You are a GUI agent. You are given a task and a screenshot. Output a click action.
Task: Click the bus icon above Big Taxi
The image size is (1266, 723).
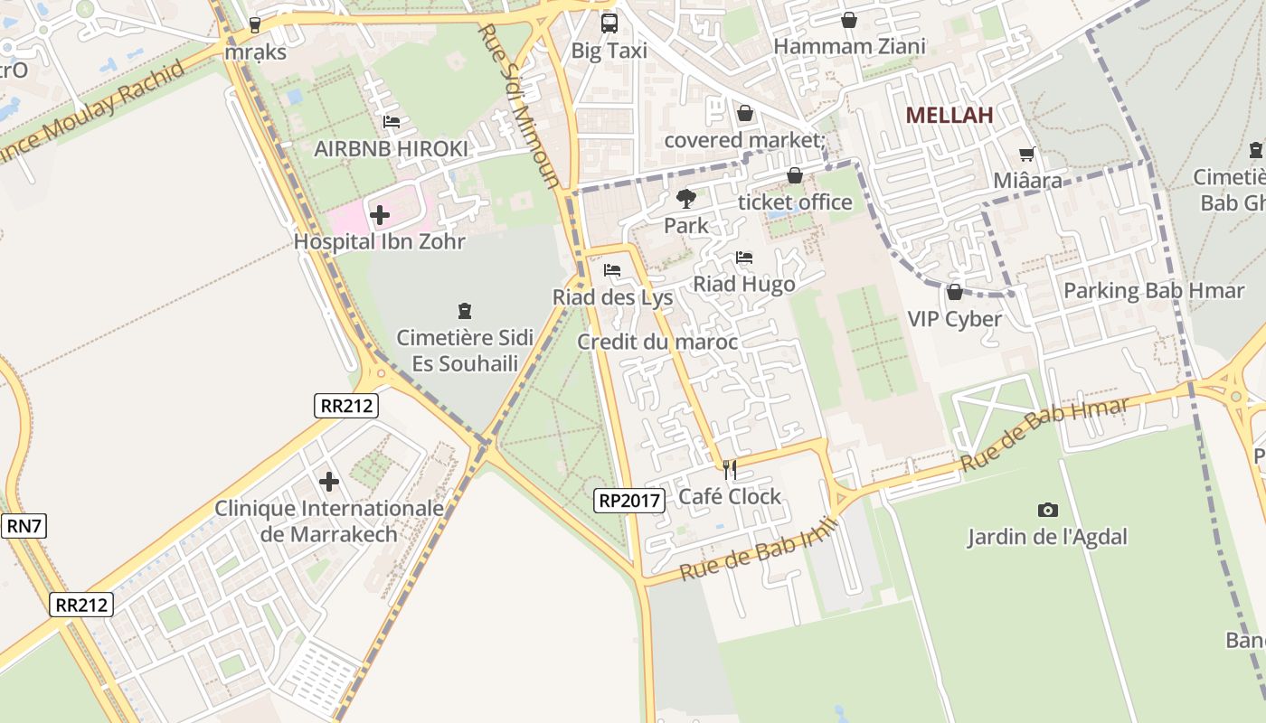point(609,23)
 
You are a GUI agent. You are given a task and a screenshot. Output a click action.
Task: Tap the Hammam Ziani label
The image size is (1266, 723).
point(849,47)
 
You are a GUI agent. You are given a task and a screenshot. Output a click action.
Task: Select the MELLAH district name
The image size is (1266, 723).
point(949,115)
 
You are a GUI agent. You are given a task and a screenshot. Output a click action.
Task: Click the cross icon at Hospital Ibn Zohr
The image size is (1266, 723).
point(380,215)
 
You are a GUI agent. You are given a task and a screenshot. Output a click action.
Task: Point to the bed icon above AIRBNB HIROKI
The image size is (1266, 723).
point(391,122)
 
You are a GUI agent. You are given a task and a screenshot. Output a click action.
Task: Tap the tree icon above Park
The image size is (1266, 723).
point(686,199)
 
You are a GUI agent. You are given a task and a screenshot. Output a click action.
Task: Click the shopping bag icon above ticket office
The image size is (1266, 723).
point(795,175)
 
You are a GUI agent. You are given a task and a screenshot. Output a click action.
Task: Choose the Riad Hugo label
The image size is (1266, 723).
point(743,285)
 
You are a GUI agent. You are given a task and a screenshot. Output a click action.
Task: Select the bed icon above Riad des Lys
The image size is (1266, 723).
point(612,270)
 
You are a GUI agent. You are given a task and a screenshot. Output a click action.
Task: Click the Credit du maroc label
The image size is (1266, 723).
point(657,343)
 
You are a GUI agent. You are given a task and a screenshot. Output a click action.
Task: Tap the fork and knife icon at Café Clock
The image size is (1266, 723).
point(730,470)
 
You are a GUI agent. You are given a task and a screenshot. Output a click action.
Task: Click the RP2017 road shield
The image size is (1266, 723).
point(630,500)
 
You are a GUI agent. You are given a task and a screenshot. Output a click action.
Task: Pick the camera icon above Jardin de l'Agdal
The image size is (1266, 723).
point(1048,511)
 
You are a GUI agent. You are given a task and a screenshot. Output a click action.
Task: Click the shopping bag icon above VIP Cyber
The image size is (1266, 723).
point(954,292)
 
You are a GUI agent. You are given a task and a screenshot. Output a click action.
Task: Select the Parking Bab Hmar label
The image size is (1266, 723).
point(1154,291)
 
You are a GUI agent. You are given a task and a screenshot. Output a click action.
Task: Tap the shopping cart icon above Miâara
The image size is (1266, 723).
point(1027,155)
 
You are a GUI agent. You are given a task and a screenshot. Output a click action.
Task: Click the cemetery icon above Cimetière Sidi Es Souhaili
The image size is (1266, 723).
point(465,312)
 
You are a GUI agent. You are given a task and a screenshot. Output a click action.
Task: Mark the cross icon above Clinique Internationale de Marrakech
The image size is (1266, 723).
point(329,482)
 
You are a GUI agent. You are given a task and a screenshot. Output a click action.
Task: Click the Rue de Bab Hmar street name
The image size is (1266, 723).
point(1044,434)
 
